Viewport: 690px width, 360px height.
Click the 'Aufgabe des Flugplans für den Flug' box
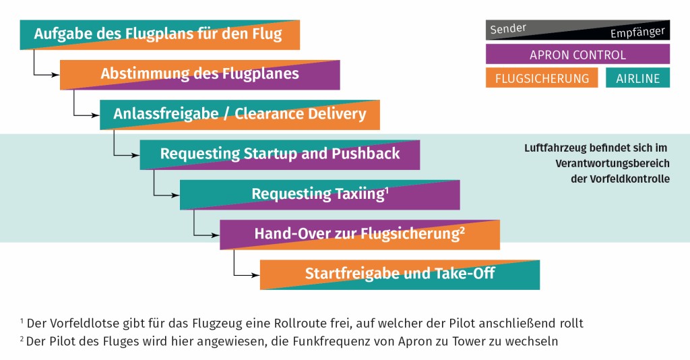[160, 34]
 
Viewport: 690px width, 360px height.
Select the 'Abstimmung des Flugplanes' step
[199, 74]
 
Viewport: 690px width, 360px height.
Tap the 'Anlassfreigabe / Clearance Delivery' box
[239, 114]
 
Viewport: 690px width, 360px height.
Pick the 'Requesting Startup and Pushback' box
[280, 154]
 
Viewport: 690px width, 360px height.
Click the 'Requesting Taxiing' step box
[319, 194]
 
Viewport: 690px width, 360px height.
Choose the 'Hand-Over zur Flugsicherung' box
[359, 234]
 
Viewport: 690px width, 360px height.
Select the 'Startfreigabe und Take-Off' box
[400, 274]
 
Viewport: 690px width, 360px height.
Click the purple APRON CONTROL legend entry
[577, 55]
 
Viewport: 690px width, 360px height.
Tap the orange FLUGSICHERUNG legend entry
[542, 78]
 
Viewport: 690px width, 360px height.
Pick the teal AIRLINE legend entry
[638, 78]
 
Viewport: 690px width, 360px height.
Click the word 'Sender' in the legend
[508, 29]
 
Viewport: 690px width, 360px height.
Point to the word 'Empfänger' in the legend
[637, 33]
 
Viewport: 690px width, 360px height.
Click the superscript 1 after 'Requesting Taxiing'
[387, 190]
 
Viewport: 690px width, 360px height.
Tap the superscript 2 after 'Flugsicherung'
[462, 230]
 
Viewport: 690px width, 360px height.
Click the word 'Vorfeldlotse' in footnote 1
[75, 323]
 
